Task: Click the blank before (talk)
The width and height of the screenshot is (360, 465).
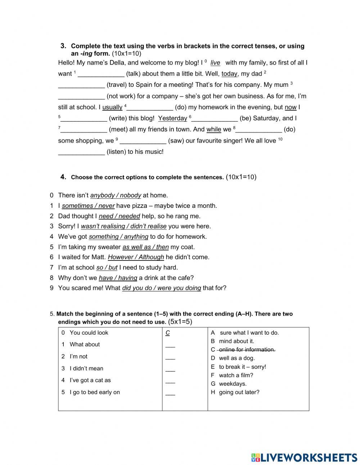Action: pos(101,74)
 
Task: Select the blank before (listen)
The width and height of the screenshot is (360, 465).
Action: pos(81,152)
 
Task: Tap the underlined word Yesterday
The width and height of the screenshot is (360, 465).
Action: pos(172,119)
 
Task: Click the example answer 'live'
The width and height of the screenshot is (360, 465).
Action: pos(215,63)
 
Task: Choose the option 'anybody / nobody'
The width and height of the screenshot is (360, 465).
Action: pos(116,196)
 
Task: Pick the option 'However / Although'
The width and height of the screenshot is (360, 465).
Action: pos(136,257)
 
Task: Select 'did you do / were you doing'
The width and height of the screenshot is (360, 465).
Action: pos(161,288)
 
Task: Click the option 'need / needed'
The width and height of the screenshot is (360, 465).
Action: pos(119,216)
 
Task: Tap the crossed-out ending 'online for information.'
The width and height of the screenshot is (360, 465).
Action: pos(247,350)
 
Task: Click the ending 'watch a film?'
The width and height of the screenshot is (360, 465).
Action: pos(236,375)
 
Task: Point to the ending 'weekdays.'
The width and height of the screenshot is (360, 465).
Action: pos(233,384)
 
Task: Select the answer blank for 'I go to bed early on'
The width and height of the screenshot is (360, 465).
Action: pos(170,394)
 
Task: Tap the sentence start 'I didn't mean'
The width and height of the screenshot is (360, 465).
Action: pos(86,368)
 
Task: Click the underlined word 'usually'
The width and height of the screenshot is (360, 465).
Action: pos(112,107)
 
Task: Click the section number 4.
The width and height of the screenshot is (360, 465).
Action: pos(63,177)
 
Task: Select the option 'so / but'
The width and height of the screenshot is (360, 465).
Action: pos(107,268)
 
